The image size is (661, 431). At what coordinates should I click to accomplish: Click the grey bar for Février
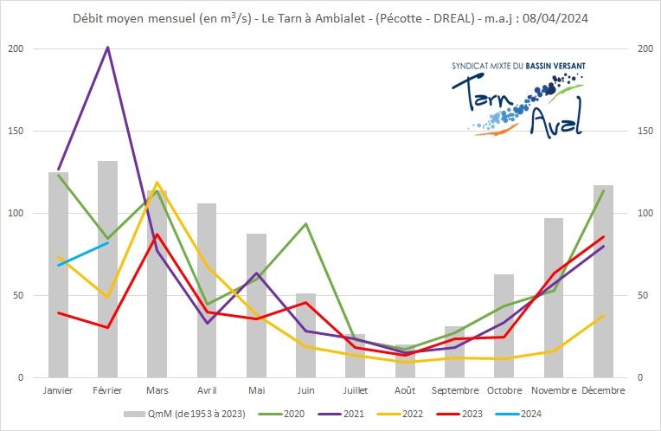(107, 268)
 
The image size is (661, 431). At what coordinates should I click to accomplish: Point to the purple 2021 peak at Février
(107, 47)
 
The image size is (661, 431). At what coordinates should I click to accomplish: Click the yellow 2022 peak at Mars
(157, 183)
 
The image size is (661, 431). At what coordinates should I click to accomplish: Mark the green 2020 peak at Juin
(305, 223)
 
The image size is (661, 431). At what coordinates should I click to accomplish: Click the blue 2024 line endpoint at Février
(107, 243)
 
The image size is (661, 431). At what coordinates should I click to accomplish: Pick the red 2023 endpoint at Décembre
(603, 236)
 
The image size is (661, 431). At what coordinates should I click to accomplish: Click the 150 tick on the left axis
(25, 131)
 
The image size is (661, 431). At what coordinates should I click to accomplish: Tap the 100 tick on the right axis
(644, 213)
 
